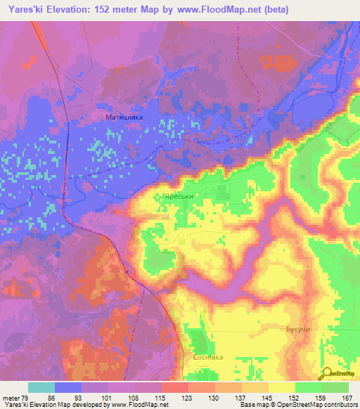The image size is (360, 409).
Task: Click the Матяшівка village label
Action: (x=124, y=117)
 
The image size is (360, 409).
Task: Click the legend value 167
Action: (x=347, y=398)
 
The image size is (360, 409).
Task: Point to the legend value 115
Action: (x=161, y=398)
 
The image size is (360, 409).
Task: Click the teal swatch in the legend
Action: (x=41, y=388)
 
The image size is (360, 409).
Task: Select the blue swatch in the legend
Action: (x=68, y=388)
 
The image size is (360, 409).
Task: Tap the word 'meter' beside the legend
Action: (x=11, y=398)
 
